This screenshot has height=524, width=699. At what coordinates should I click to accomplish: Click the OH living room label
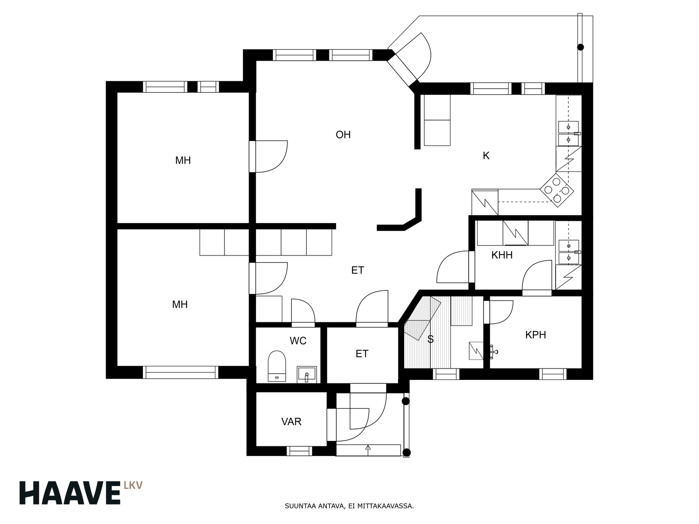click(343, 134)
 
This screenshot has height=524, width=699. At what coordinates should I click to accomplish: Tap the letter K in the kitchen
click(486, 155)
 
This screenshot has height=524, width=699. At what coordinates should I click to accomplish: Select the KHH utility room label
click(502, 255)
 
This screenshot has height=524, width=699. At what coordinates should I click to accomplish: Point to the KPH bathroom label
click(536, 334)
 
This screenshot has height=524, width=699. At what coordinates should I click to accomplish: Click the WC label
click(298, 341)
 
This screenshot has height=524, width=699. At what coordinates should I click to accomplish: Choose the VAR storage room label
click(291, 421)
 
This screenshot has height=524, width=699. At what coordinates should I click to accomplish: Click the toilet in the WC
click(277, 366)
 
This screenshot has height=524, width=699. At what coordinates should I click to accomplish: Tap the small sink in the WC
click(307, 375)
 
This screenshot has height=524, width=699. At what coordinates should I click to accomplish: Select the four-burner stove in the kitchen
click(557, 190)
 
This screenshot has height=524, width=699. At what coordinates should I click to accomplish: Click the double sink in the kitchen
click(569, 133)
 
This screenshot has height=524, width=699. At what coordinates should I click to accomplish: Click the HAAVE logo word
click(70, 493)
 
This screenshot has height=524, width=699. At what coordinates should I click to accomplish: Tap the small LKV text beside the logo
click(133, 485)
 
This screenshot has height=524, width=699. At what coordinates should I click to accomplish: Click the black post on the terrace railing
click(581, 47)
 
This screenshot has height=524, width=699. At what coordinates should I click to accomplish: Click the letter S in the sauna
click(430, 339)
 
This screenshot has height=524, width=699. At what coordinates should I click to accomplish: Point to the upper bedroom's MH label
click(183, 160)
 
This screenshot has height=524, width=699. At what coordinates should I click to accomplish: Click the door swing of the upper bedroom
click(272, 156)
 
